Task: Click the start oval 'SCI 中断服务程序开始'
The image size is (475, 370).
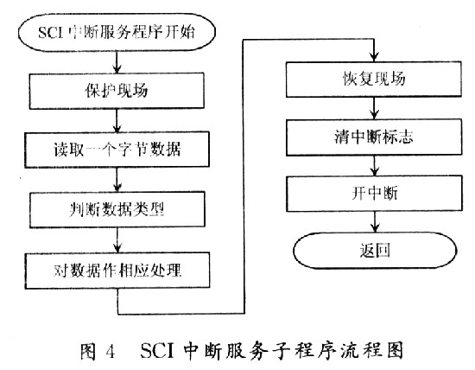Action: pos(117,32)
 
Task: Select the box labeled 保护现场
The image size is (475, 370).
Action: pos(117,91)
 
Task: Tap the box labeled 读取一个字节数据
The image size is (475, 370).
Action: pos(117,150)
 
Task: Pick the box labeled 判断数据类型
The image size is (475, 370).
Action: pos(117,209)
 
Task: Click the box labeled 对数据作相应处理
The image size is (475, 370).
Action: pos(117,271)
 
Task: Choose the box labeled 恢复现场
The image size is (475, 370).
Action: pos(374,80)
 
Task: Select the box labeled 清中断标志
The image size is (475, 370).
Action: pos(374,137)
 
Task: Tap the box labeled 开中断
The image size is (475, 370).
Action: pos(375,193)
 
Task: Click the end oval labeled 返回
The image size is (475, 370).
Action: pos(375,251)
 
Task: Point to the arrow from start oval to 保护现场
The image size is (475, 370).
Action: pos(117,62)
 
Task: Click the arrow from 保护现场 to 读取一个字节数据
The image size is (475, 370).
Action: pos(117,120)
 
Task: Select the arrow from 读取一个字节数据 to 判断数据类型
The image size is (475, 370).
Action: pos(117,180)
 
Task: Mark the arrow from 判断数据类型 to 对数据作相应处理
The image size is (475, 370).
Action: pos(117,239)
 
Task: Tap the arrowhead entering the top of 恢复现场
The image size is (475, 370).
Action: pos(375,57)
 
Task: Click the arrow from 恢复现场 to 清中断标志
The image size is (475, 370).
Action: pos(375,108)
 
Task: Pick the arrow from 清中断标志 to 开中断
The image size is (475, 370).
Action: pos(375,166)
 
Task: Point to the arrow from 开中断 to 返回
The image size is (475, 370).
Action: pos(375,222)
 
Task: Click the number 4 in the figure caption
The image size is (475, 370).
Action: pos(111,352)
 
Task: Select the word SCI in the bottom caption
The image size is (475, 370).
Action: pos(157,351)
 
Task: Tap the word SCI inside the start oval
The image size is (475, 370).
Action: pos(51,32)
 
